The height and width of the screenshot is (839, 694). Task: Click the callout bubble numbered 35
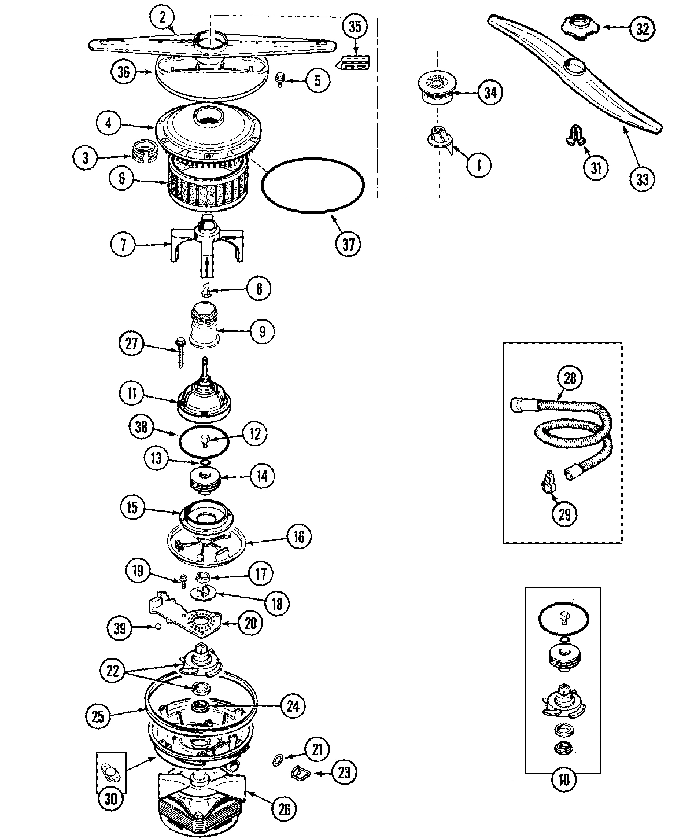(355, 27)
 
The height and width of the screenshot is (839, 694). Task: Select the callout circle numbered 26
(285, 808)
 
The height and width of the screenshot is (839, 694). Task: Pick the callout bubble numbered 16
(298, 536)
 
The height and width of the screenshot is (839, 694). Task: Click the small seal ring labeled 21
(277, 759)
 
